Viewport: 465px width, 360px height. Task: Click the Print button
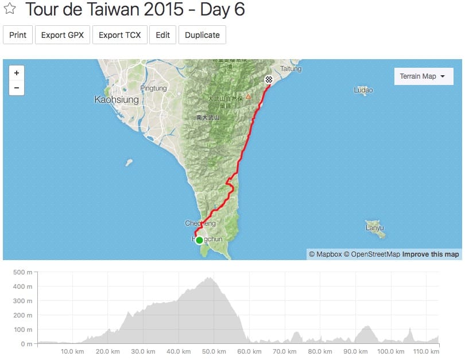[x=18, y=35]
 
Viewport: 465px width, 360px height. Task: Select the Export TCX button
[x=119, y=35]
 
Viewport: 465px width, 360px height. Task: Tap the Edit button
[x=162, y=35]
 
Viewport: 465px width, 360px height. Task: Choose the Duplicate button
[x=202, y=35]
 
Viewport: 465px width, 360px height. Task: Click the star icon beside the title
[x=10, y=10]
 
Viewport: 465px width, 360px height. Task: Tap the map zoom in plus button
[x=17, y=73]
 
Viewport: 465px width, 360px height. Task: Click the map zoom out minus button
[x=17, y=88]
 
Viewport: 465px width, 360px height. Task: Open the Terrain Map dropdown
[x=423, y=76]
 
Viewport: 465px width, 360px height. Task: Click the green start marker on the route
[x=199, y=240]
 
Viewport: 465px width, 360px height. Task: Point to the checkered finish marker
[x=268, y=80]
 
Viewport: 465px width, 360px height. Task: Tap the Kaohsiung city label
[x=117, y=100]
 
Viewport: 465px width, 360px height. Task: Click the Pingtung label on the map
[x=153, y=88]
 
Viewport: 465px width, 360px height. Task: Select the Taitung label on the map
[x=290, y=69]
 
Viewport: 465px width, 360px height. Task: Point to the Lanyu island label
[x=375, y=229]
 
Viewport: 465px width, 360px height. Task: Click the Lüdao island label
[x=363, y=90]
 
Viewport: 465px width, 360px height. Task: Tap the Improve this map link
[x=431, y=254]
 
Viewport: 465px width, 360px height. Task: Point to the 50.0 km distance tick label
[x=212, y=352]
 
